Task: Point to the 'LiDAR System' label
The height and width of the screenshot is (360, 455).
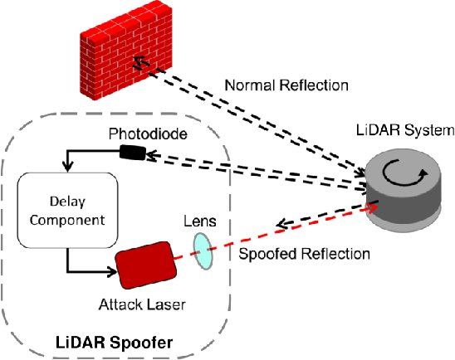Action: click(405, 130)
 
